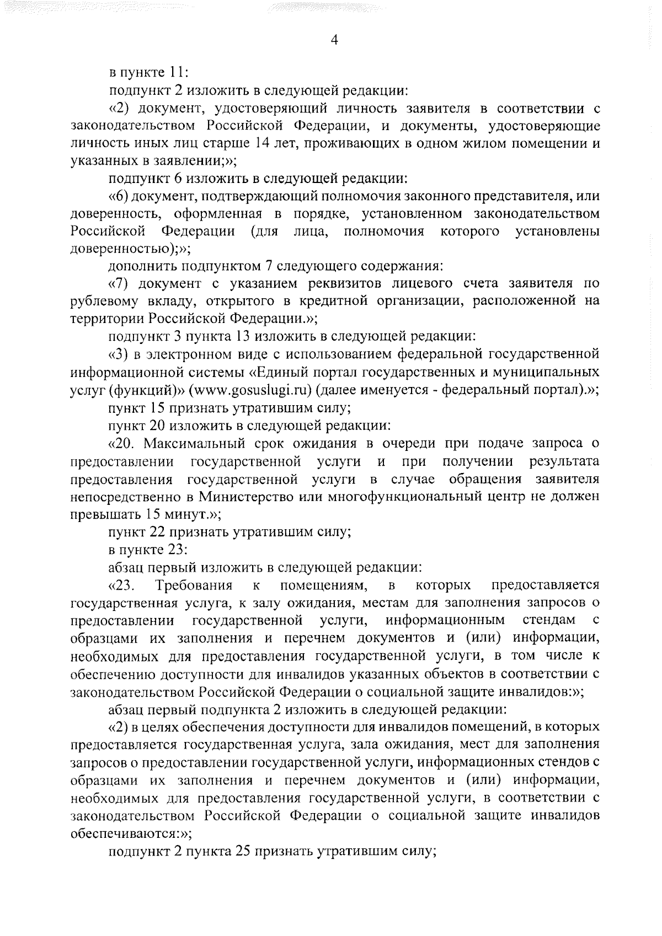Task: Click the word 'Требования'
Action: (x=195, y=584)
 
